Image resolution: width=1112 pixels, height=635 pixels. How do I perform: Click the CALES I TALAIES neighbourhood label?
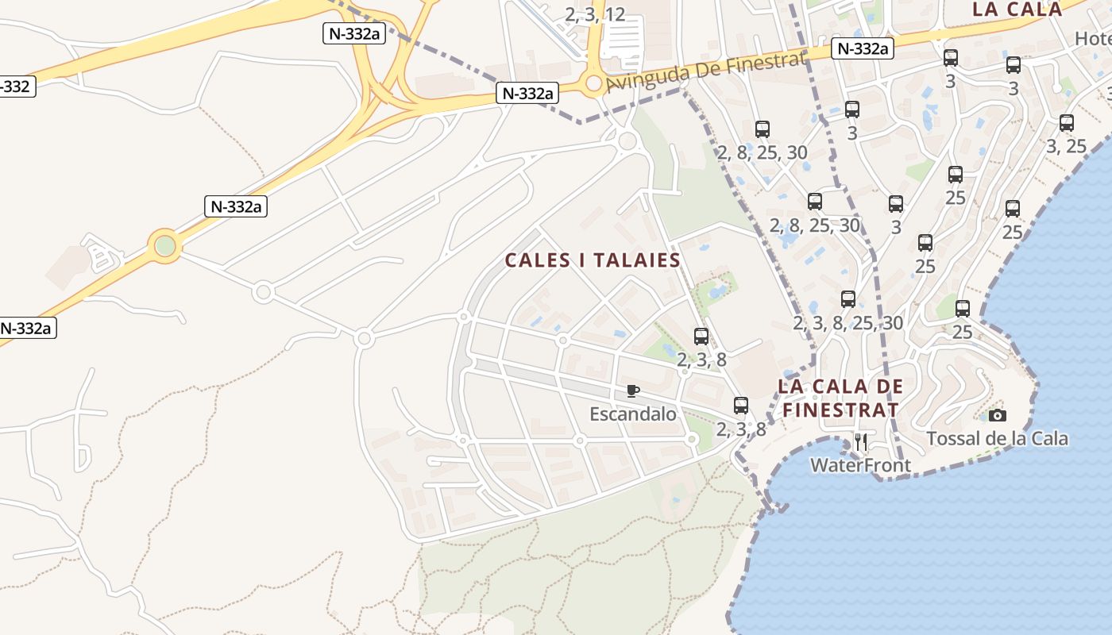click(593, 260)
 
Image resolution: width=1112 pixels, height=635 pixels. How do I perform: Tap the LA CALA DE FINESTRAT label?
click(840, 398)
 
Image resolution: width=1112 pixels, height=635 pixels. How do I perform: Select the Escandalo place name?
click(633, 414)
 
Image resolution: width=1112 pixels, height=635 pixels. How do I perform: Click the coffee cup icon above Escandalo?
click(633, 391)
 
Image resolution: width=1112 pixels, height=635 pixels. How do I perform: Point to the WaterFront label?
click(860, 465)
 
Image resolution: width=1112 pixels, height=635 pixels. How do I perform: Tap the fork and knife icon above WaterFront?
click(861, 442)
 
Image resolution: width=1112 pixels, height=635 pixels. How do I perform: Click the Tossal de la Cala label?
click(997, 438)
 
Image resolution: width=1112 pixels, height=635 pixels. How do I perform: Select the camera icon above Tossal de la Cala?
click(998, 415)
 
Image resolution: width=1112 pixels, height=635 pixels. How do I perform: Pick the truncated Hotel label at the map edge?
click(1092, 38)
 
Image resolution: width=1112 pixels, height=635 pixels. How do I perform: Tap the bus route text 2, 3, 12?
click(595, 13)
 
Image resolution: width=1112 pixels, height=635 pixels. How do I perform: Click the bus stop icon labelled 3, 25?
click(1067, 123)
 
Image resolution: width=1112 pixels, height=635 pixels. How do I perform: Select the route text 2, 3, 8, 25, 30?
click(848, 322)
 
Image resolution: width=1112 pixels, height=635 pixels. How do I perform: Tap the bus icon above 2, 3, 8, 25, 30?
click(848, 299)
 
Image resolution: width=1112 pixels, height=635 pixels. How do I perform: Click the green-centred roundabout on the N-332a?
click(165, 246)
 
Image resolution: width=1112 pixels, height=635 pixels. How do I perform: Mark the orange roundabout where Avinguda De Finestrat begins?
click(593, 83)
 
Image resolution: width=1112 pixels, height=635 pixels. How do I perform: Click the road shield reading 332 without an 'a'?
click(15, 86)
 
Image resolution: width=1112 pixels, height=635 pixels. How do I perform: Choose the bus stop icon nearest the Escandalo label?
click(741, 406)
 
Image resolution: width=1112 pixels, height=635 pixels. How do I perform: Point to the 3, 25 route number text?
click(1066, 146)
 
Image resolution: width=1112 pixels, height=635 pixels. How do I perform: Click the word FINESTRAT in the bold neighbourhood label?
click(840, 410)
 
